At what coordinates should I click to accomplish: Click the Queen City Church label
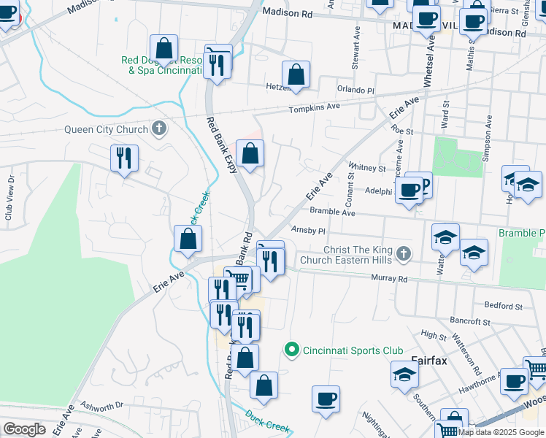point(106,130)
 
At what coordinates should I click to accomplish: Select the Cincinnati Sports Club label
point(342,350)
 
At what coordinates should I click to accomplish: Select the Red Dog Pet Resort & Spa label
point(164,66)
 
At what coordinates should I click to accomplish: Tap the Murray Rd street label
point(388,278)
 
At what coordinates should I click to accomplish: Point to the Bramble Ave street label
point(332,212)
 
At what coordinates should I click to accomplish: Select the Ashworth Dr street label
point(103,406)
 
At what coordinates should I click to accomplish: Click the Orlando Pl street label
point(355,90)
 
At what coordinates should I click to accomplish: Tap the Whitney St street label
point(367,167)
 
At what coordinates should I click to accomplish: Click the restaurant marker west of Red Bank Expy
point(124,158)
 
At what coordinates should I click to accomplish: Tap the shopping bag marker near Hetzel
point(296,75)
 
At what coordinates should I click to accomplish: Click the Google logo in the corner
point(24,429)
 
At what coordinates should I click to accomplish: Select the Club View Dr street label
point(9,199)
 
